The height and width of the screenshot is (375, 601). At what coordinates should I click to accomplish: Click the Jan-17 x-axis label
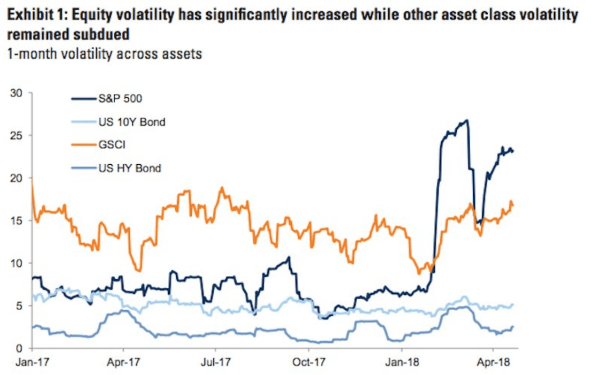point(31,363)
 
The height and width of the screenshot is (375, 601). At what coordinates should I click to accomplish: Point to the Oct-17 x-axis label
point(308,363)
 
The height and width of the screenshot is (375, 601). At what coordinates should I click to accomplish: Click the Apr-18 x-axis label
point(493,363)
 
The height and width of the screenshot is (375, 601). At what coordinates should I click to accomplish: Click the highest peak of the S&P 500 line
point(466,120)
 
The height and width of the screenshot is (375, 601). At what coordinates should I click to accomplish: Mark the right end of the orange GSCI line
point(513,205)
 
